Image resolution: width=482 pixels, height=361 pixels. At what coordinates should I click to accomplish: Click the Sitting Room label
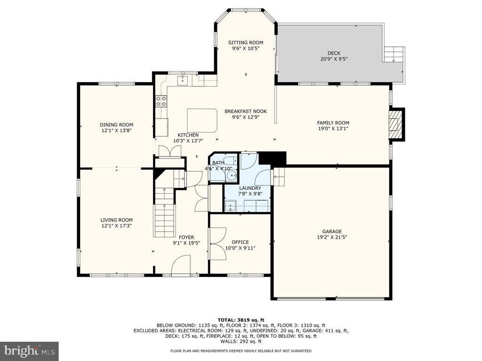(246, 42)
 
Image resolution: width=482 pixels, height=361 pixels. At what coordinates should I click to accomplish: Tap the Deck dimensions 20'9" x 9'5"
(334, 59)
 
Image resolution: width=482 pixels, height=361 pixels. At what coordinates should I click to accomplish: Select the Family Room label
(333, 123)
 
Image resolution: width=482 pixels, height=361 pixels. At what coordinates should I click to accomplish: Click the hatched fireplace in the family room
(395, 124)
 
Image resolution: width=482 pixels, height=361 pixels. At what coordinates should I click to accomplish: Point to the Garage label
(332, 231)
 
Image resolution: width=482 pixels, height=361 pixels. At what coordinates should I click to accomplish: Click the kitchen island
(202, 120)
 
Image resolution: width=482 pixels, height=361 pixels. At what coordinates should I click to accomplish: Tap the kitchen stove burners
(161, 101)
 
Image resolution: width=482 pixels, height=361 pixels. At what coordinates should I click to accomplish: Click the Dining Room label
(117, 125)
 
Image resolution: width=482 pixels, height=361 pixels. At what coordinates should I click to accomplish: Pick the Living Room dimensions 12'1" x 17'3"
(117, 226)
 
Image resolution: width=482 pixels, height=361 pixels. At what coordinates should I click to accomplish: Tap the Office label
(241, 242)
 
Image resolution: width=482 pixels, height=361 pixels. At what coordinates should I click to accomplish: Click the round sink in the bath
(231, 176)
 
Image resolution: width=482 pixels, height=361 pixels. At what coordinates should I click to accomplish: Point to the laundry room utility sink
(230, 206)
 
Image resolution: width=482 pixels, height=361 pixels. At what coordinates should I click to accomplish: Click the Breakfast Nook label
(246, 111)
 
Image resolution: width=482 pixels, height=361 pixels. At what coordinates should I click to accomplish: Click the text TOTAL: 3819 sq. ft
(241, 320)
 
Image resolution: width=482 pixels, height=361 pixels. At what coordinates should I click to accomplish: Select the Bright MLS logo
(30, 350)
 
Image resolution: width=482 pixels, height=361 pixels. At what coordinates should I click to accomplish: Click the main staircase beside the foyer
(164, 212)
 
